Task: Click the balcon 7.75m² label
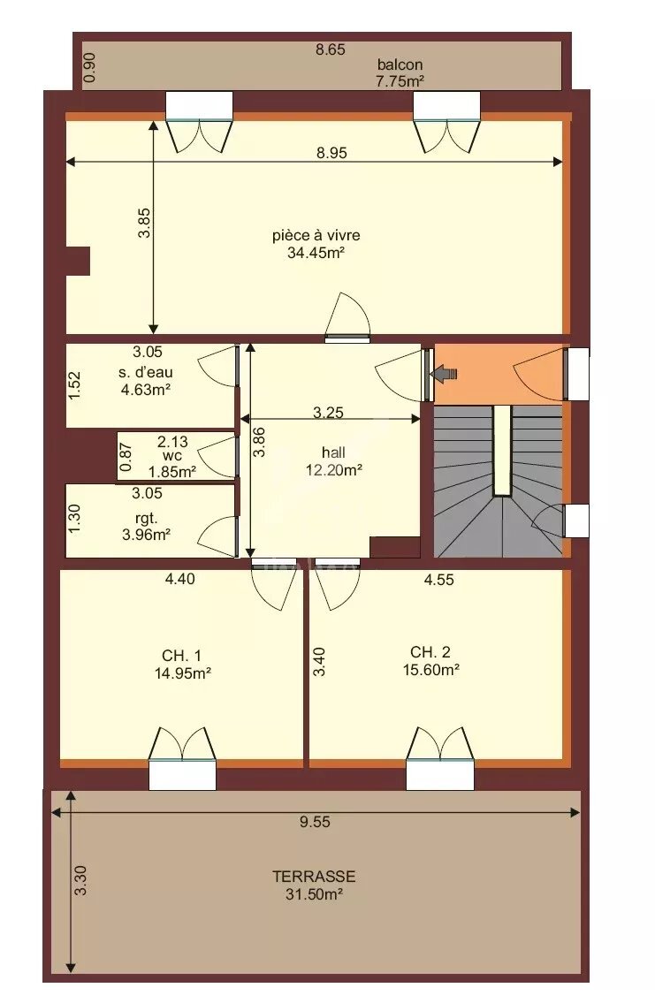tap(400, 72)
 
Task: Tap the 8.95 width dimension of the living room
tap(331, 152)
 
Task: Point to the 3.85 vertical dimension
tap(144, 223)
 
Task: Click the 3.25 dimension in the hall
tap(328, 411)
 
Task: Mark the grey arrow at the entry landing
tap(444, 374)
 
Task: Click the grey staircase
tap(497, 482)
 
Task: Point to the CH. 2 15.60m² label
tap(430, 661)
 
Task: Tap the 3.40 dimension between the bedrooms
tap(319, 663)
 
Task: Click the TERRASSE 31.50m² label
tap(314, 885)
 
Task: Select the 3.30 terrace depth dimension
tap(80, 881)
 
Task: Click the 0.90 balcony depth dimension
tap(88, 67)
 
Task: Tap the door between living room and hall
tap(347, 318)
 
